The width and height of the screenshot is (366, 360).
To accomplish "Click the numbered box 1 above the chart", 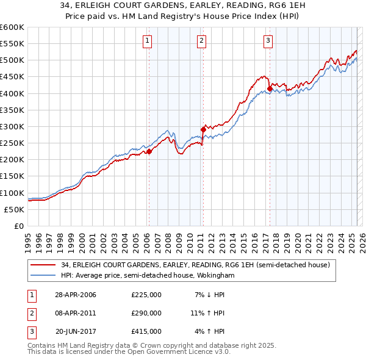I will pyautogui.click(x=148, y=41).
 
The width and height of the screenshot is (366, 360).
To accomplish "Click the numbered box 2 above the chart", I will pyautogui.click(x=201, y=41).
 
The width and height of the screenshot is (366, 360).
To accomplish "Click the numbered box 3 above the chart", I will pyautogui.click(x=268, y=41).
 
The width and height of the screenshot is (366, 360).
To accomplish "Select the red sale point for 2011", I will pyautogui.click(x=203, y=129).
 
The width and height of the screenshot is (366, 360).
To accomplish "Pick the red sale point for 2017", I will pyautogui.click(x=270, y=88).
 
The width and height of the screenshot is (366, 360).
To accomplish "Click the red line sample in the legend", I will pyautogui.click(x=44, y=265).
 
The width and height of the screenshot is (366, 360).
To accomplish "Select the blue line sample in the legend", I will pyautogui.click(x=44, y=276).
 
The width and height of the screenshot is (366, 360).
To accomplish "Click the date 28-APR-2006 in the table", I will pyautogui.click(x=76, y=295).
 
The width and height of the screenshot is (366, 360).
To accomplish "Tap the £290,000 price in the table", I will pyautogui.click(x=146, y=313).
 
